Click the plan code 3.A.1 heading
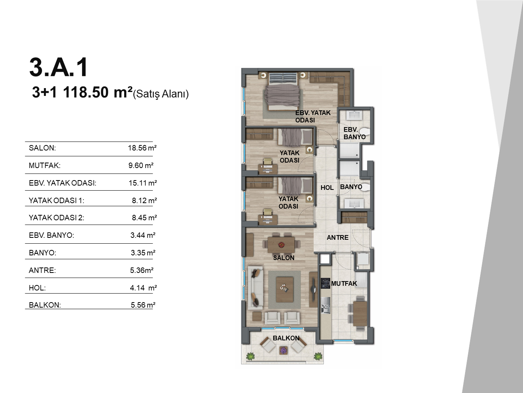point(59,67)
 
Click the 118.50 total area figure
point(86,92)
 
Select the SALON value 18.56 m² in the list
point(142,148)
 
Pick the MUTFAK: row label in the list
point(45,165)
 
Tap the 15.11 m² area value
point(143,183)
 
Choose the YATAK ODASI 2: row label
point(56,218)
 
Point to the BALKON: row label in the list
point(45,305)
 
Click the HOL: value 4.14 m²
point(143,288)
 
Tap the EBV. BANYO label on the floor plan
point(355,133)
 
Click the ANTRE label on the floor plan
point(337,237)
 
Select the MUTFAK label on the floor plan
point(344,283)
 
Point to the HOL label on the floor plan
point(327,188)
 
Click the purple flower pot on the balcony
point(283,350)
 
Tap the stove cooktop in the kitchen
point(325,283)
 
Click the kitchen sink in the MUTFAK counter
point(325,305)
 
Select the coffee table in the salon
point(284,289)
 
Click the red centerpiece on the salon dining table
point(281,245)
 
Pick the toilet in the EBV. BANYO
point(364,131)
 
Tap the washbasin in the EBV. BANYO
point(354,115)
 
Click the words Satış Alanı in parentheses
point(161,94)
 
